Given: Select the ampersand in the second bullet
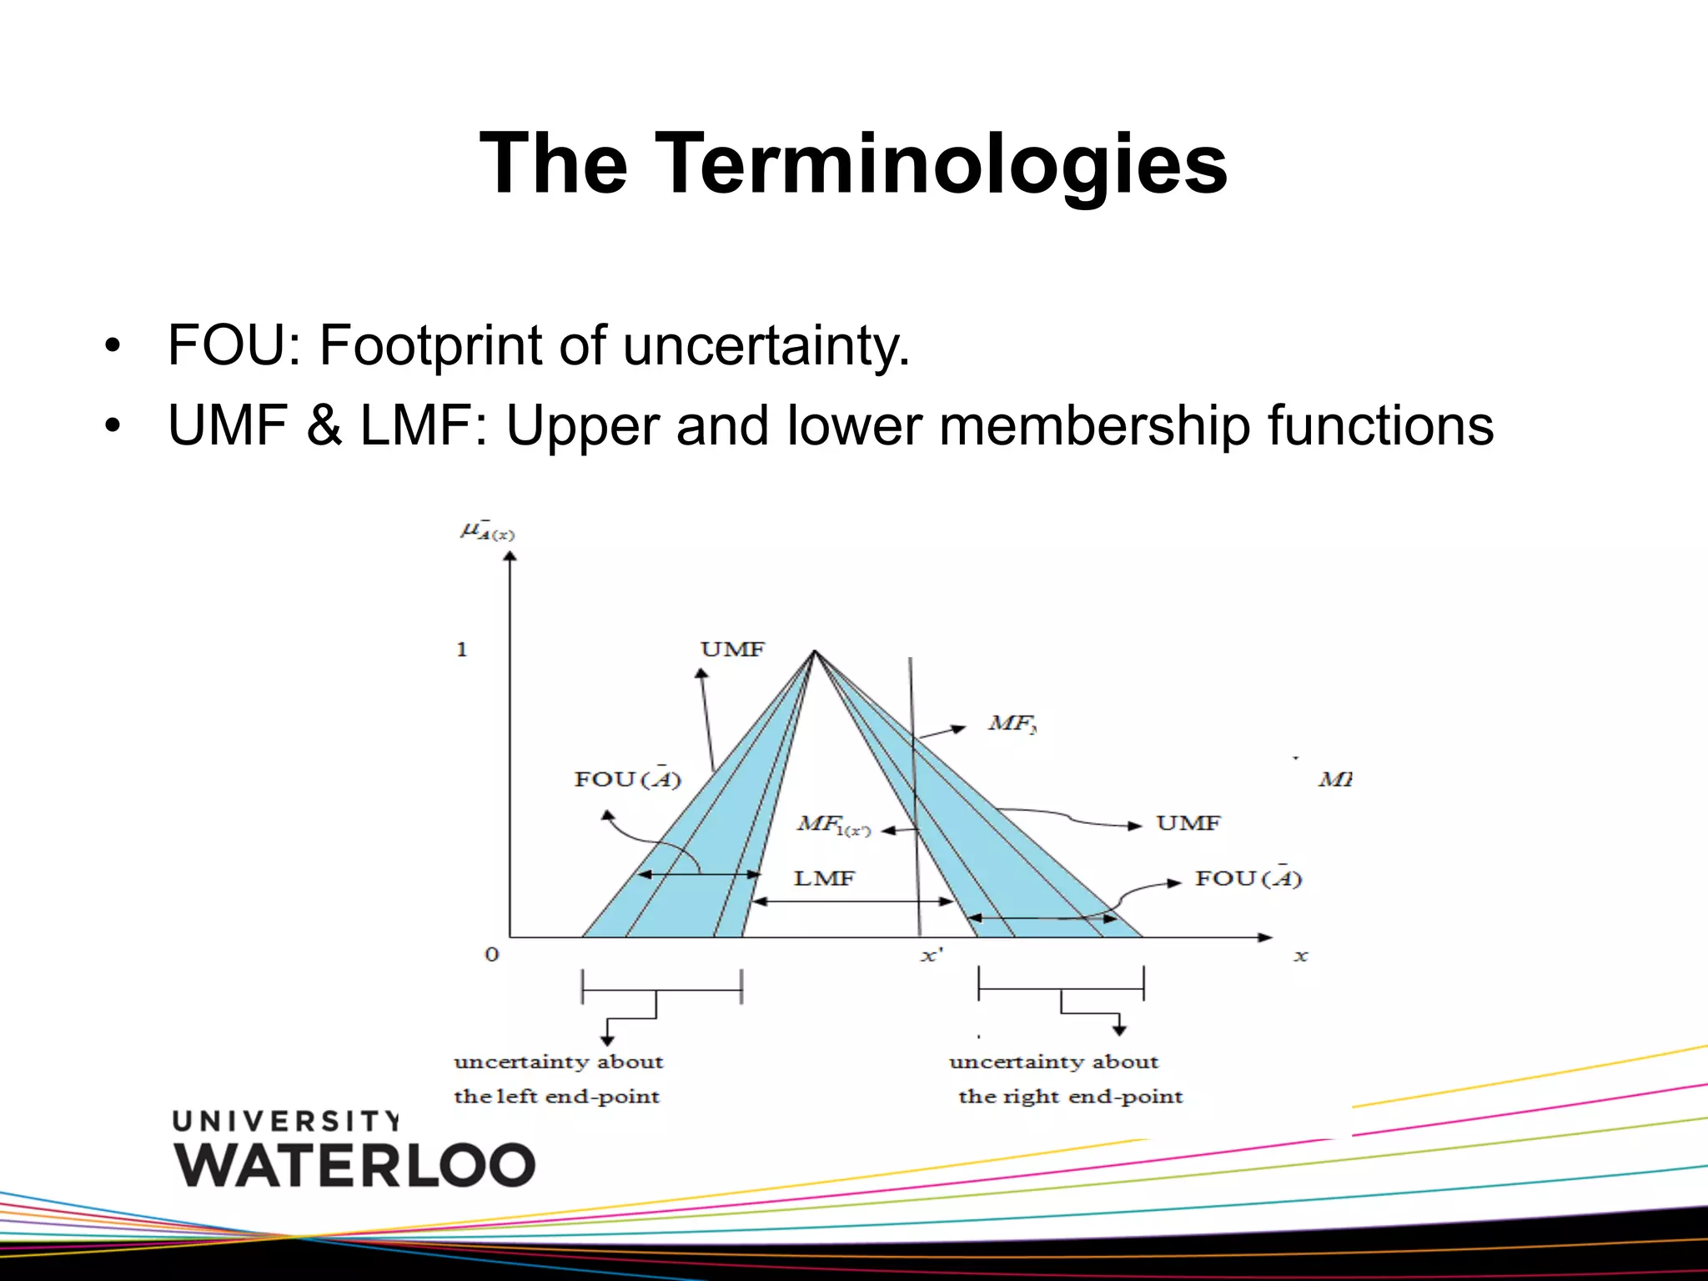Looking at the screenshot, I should pos(324,425).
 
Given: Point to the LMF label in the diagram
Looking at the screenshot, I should pos(824,878).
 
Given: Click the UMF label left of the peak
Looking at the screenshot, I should pos(732,650).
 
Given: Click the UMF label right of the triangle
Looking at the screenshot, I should pos(1188,824).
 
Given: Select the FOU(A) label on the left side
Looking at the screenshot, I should pos(627,779).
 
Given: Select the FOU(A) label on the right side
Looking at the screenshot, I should pos(1248,878).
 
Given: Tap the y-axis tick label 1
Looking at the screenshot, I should pos(462,650).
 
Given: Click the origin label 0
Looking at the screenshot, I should pos(492,955).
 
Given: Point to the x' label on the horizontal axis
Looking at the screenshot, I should pos(931,956).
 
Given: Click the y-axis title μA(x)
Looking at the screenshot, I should pos(487,531).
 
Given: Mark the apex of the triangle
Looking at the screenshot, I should pos(815,651).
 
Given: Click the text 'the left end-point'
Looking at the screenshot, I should pos(556,1097).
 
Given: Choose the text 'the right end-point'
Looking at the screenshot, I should pos(1070,1097).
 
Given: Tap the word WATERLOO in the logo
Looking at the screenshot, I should pos(354,1165).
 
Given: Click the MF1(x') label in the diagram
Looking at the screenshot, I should pos(833,826).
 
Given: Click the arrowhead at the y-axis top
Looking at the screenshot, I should pos(510,555).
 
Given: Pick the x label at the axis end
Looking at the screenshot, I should pos(1300,957).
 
